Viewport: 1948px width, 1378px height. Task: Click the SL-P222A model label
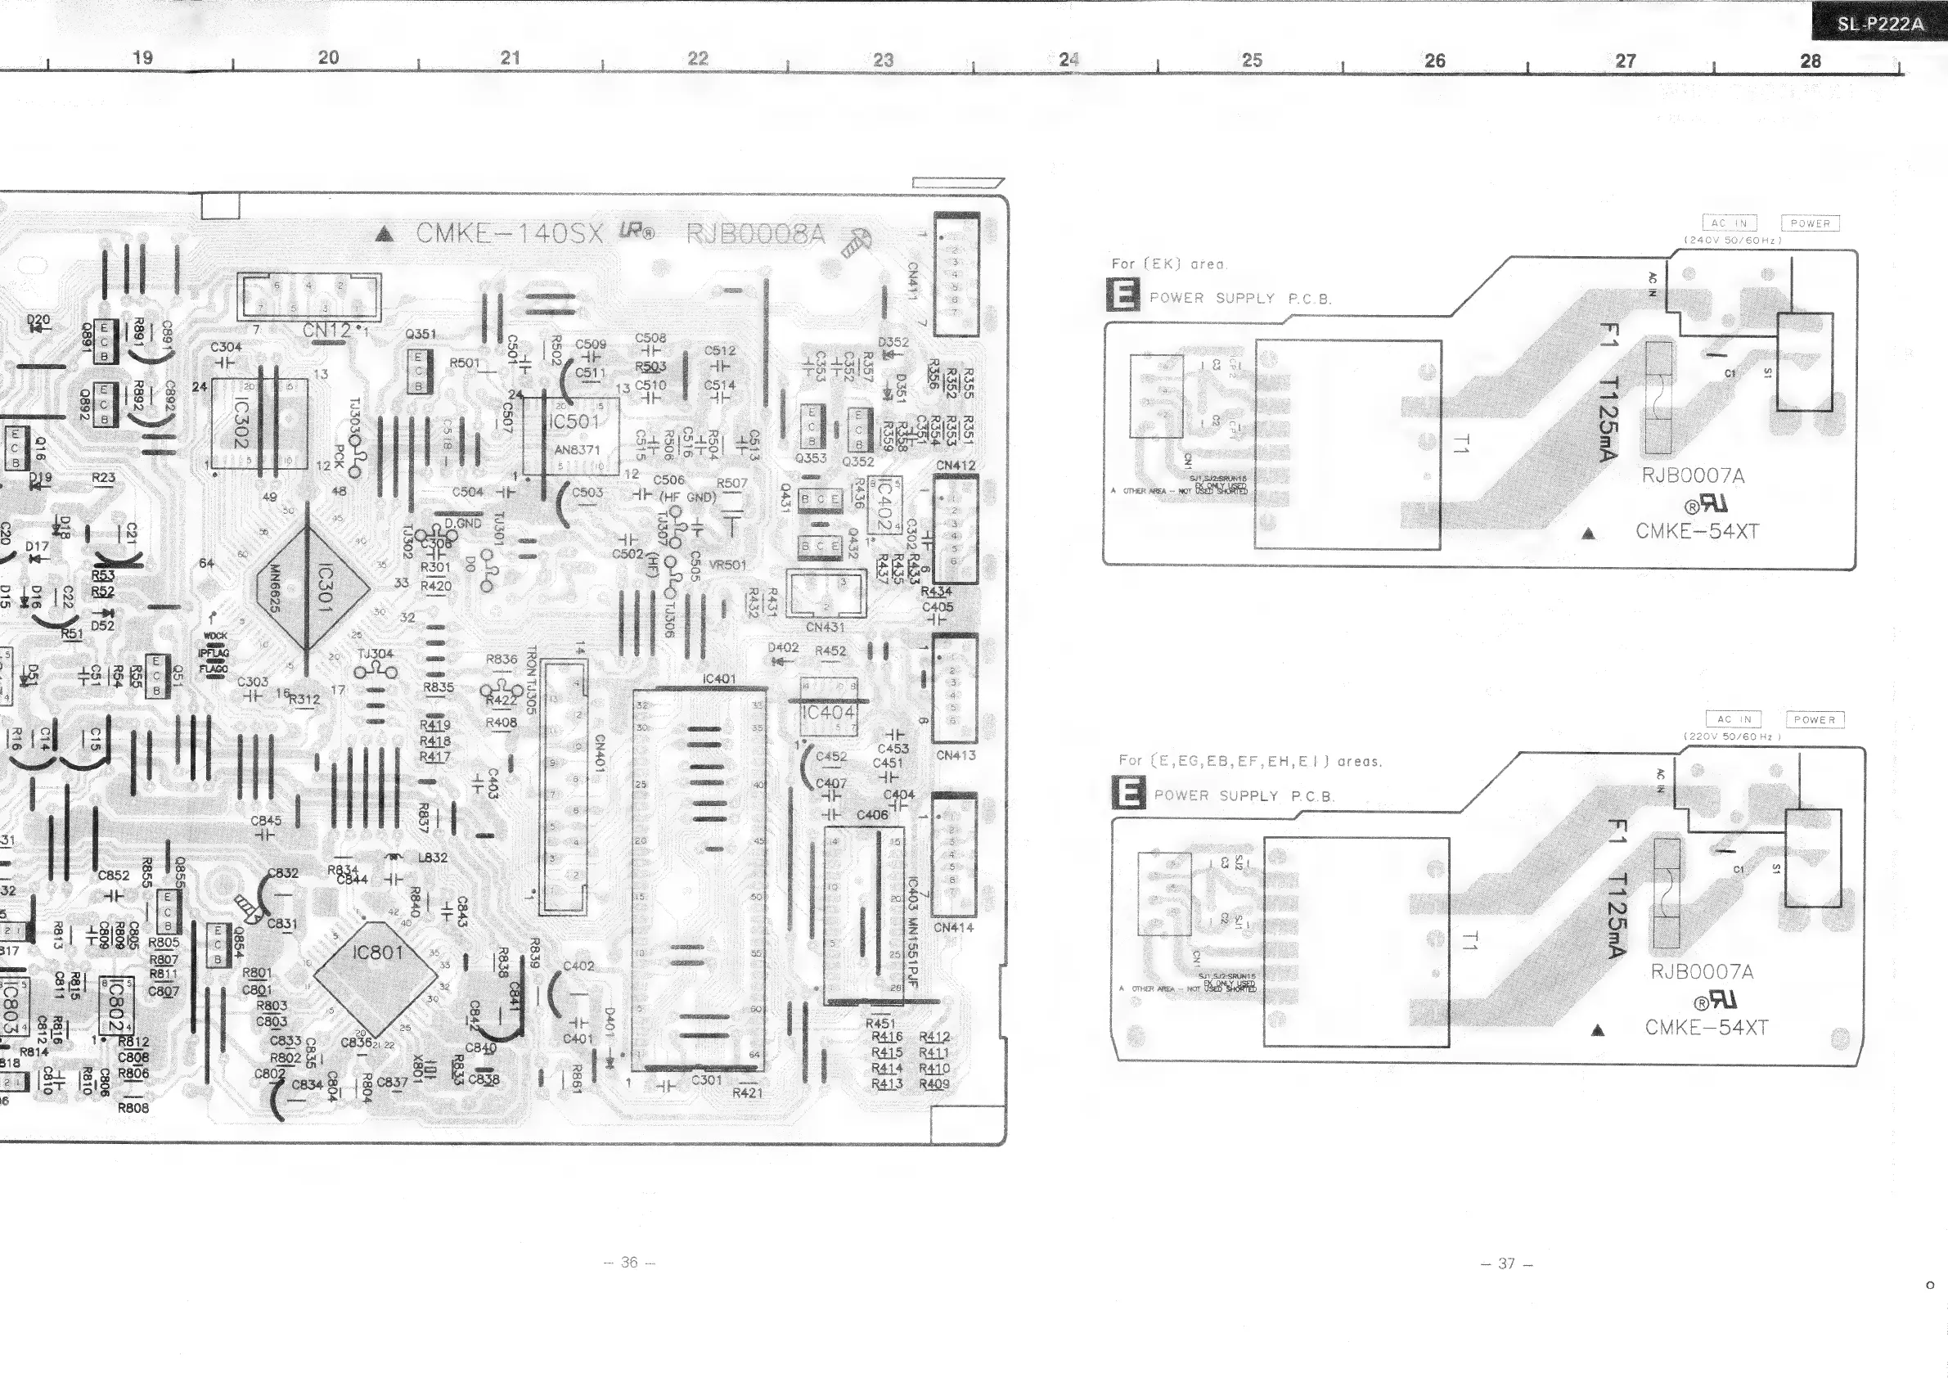1880,24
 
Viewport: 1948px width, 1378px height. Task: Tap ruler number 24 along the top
1069,60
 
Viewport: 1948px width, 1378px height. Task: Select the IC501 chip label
574,421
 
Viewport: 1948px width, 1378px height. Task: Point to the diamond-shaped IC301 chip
313,587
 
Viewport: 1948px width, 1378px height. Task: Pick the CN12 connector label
326,331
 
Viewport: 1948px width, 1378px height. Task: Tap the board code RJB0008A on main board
754,233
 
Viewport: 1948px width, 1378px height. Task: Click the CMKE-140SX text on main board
509,233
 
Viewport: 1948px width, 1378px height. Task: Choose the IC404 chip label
829,713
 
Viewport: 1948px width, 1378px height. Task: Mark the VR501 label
728,565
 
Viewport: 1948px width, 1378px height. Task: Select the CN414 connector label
954,927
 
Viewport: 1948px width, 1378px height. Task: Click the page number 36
628,1262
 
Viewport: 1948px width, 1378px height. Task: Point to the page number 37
1506,1263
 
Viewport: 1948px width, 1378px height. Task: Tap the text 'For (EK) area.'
1168,263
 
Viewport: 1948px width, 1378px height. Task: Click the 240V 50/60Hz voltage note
1733,240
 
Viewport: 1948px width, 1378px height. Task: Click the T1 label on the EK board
1460,444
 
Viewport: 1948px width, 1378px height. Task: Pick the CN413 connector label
956,755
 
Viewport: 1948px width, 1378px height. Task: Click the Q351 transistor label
421,335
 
